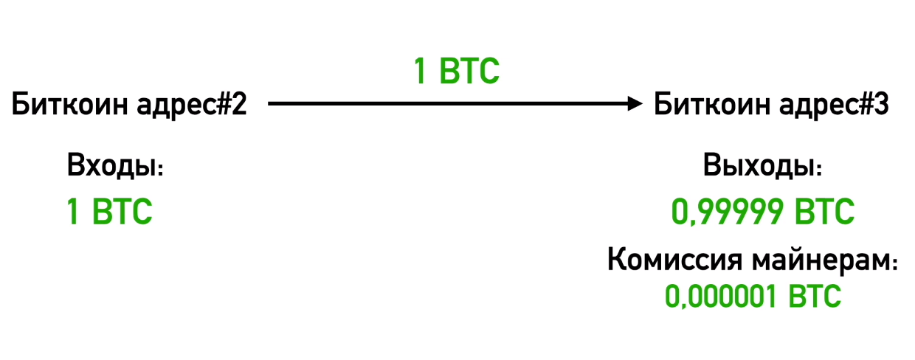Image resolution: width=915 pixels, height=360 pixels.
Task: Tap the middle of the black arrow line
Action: coord(450,105)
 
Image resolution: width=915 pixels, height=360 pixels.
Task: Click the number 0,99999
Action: coord(728,212)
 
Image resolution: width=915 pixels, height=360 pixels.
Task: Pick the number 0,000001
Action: coord(719,297)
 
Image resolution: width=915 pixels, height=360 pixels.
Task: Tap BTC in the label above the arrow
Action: coord(469,72)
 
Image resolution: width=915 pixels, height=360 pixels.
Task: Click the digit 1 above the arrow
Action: coord(420,72)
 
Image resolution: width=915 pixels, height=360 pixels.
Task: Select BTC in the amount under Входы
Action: coord(122,212)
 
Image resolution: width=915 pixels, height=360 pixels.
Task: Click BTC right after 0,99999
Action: coord(824,212)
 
